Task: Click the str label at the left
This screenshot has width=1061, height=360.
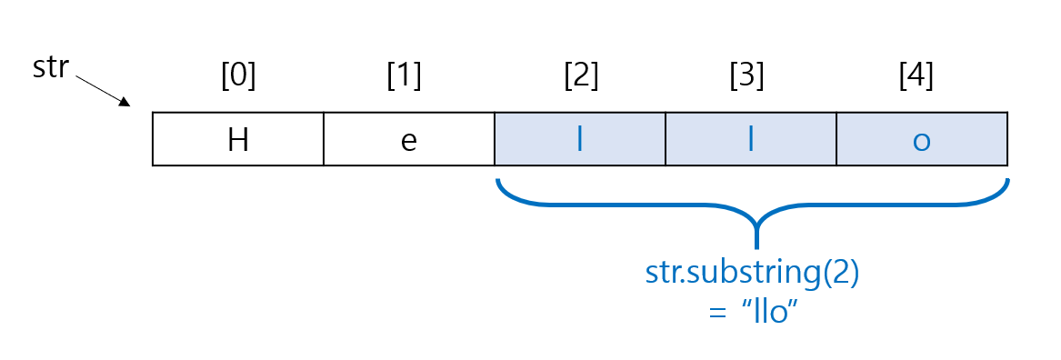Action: coord(51,67)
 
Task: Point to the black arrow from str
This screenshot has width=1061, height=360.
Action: coord(102,92)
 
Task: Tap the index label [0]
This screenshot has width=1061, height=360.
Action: coord(238,76)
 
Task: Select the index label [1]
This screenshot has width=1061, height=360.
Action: coord(405,76)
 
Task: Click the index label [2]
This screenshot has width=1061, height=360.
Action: coord(581,76)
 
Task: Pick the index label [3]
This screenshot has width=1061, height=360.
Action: coord(747,76)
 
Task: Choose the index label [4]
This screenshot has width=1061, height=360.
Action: coord(916,76)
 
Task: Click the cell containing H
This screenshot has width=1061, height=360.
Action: coord(238,140)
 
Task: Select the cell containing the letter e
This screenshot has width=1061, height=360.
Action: coord(409,140)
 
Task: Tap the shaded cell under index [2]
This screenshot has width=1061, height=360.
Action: coord(580,140)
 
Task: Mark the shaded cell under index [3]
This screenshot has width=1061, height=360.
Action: coord(751,140)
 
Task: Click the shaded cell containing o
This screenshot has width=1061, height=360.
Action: coord(922,140)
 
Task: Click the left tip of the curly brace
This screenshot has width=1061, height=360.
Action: coord(498,183)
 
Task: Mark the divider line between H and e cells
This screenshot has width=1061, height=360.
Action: coord(324,140)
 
